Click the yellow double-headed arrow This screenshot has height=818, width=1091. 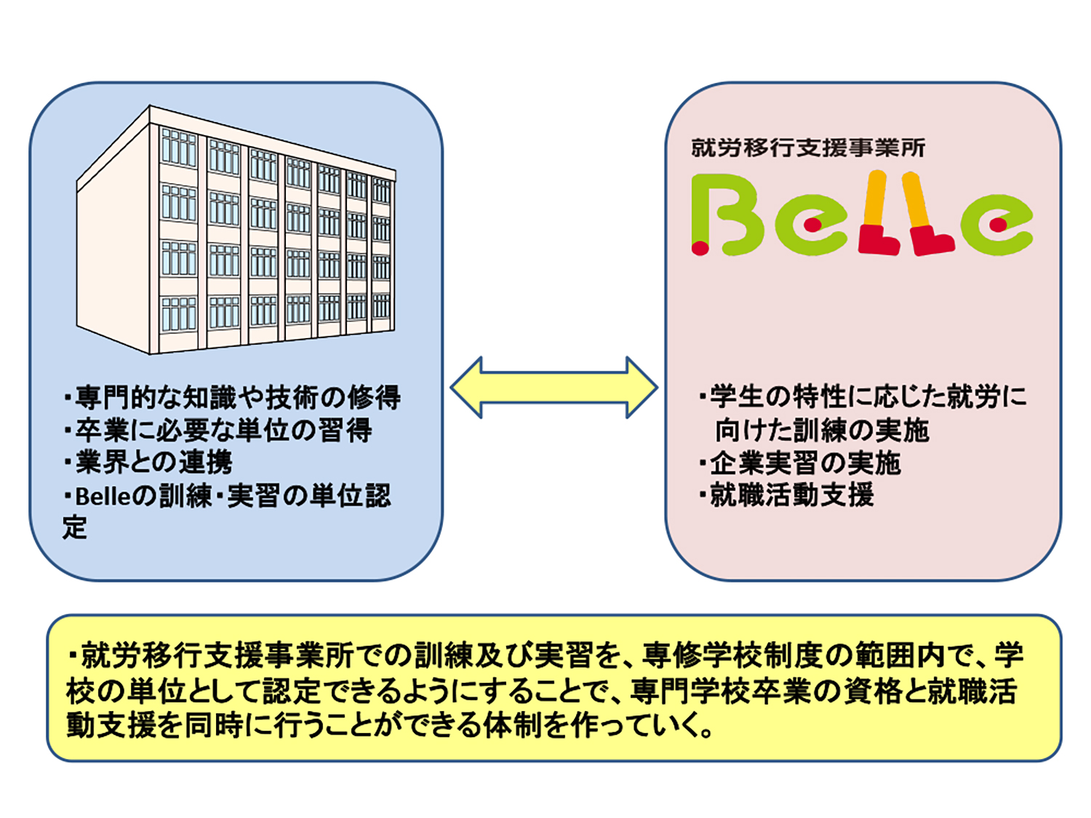click(x=554, y=388)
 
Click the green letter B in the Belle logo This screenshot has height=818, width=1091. click(x=727, y=214)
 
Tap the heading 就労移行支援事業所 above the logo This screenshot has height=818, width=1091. click(x=807, y=148)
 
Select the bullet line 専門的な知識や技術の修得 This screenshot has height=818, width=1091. click(x=232, y=397)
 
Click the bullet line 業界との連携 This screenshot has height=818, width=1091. click(x=148, y=462)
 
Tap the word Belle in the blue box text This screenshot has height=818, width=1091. click(x=103, y=496)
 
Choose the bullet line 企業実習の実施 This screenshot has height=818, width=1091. click(x=799, y=463)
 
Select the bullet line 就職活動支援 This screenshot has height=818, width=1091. click(x=786, y=494)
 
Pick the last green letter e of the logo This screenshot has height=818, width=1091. click(x=996, y=225)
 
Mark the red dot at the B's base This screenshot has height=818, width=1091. click(x=700, y=247)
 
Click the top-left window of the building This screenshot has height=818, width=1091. click(x=178, y=148)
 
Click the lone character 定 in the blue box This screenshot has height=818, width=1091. click(x=76, y=527)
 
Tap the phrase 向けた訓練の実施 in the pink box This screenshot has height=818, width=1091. click(x=822, y=430)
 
